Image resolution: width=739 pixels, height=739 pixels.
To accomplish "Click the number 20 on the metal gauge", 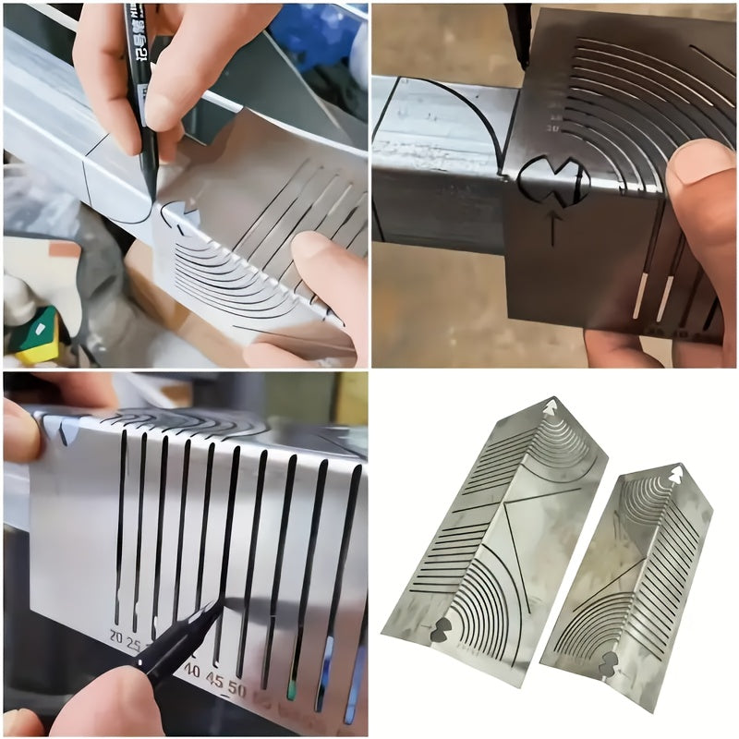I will click(x=115, y=636).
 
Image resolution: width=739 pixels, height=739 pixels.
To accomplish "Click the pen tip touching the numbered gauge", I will click(x=221, y=605).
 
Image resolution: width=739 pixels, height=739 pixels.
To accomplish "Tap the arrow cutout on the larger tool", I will click(x=551, y=406).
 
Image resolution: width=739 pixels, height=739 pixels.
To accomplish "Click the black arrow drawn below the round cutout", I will click(x=552, y=227).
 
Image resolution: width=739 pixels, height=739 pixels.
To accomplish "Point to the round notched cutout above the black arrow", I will click(x=553, y=181).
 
